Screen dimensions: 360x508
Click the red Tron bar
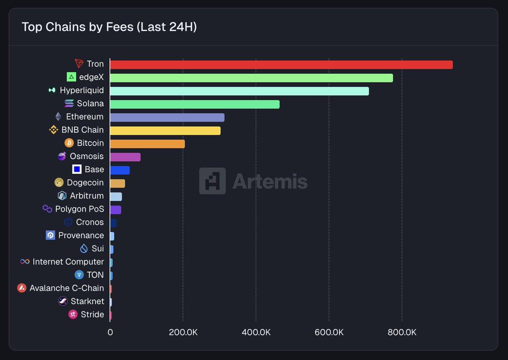281,65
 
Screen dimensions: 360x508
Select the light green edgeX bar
251,78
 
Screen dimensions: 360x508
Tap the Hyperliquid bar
239,91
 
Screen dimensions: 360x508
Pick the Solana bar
195,104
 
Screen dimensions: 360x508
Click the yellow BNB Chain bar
165,130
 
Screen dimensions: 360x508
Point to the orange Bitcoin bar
147,144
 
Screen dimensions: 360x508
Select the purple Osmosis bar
125,157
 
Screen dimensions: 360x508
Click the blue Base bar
120,170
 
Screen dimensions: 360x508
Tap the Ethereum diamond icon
58,117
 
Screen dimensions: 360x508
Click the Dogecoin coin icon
59,182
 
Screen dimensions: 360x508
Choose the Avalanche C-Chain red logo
22,288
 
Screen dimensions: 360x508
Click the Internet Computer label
68,262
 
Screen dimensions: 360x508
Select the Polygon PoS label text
80,209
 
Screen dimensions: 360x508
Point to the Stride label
92,314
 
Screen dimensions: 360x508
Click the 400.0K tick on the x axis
256,333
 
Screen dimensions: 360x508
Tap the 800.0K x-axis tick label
402,333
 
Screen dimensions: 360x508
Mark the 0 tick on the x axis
110,333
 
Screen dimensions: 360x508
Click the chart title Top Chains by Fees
109,27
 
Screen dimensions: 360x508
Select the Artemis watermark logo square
213,181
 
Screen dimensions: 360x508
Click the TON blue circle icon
79,275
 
